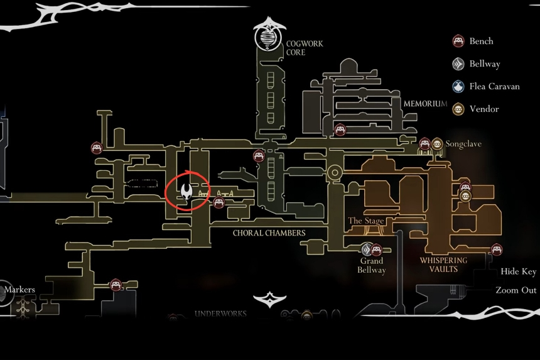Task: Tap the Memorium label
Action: tap(425, 104)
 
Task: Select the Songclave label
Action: tap(463, 144)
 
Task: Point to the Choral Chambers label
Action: tap(269, 233)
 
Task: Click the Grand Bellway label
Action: tap(372, 265)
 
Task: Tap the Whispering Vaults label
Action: tap(444, 265)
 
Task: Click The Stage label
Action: tap(366, 221)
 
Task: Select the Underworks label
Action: tap(220, 314)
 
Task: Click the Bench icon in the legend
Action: tap(458, 41)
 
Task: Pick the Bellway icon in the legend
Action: tap(458, 64)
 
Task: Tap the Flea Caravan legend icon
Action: tap(458, 87)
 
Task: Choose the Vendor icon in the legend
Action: tap(458, 109)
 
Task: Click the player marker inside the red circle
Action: tap(186, 191)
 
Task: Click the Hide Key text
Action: tap(518, 271)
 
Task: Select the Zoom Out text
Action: tap(516, 290)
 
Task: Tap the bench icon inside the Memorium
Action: tap(340, 130)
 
